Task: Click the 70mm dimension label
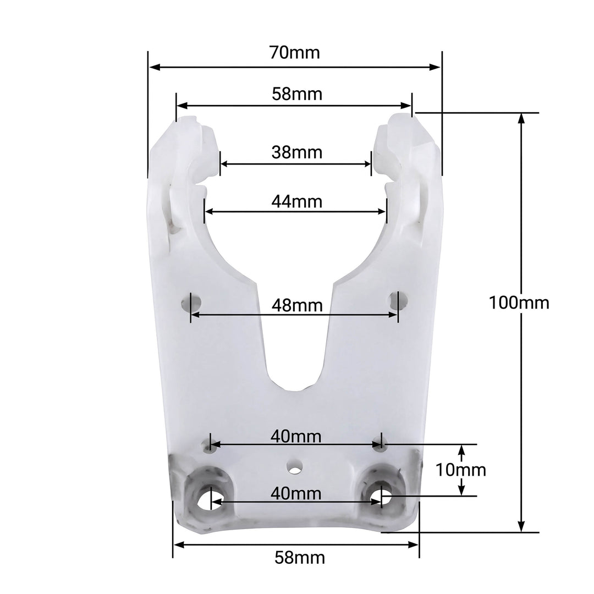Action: pos(294,53)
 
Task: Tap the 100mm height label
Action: pos(519,302)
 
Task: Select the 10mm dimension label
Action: pos(461,470)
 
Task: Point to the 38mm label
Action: pos(296,152)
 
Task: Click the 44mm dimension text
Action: pos(296,201)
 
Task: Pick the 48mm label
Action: pos(296,305)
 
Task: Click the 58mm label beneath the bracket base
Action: pos(300,558)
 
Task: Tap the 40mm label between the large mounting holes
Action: pos(296,493)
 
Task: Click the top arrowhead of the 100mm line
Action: pos(521,118)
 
